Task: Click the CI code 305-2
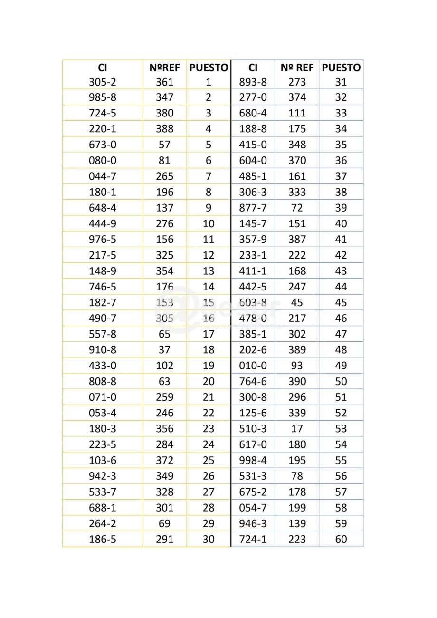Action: click(x=102, y=82)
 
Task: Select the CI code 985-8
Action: click(x=102, y=97)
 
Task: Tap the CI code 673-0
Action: click(x=102, y=145)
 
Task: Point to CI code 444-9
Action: click(x=102, y=223)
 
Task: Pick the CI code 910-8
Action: click(x=102, y=350)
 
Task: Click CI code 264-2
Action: click(x=102, y=523)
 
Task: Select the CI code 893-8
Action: click(x=253, y=82)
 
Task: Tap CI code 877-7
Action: click(x=253, y=208)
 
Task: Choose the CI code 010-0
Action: click(x=253, y=366)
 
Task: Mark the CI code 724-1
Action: click(x=253, y=539)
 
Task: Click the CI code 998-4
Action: click(x=253, y=460)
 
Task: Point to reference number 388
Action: click(x=164, y=129)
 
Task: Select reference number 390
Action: click(x=297, y=381)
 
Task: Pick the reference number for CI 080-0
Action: click(x=164, y=160)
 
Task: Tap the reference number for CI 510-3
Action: click(x=297, y=429)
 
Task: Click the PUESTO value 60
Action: click(x=341, y=539)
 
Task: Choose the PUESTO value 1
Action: click(x=208, y=82)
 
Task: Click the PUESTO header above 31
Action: click(x=341, y=68)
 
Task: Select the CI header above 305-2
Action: click(x=102, y=68)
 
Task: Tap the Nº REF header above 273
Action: click(x=297, y=68)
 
